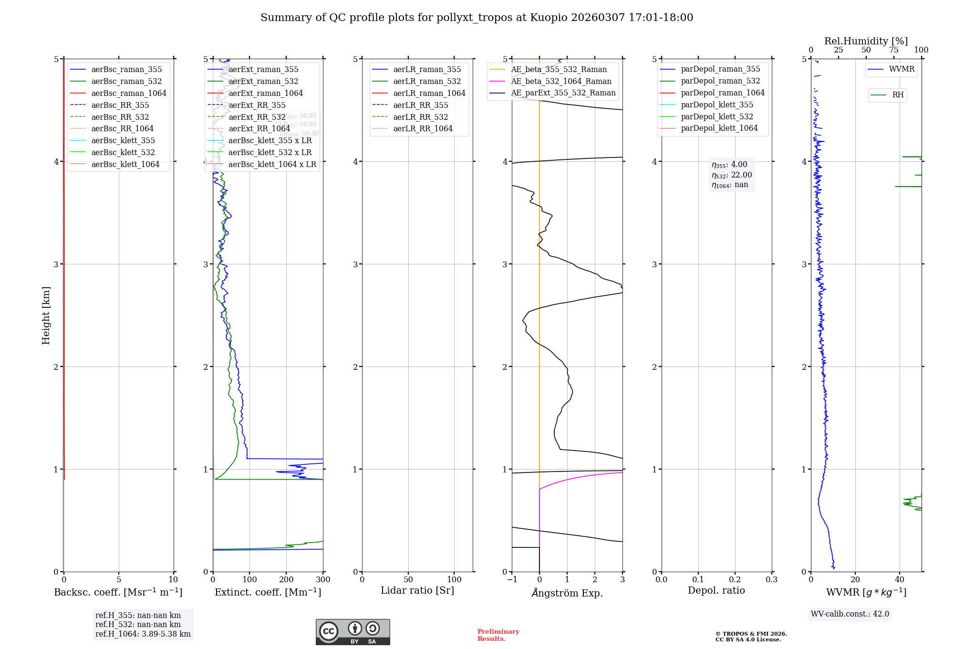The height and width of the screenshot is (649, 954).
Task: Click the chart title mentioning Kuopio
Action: coord(477,18)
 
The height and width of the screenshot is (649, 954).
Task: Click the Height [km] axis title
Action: coord(46,315)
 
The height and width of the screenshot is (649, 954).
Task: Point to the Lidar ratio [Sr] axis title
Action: coord(417,591)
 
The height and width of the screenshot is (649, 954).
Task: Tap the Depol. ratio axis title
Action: coord(716,591)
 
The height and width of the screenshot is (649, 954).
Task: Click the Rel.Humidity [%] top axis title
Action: coord(866,41)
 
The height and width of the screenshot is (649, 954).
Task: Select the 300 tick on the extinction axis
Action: coord(323,580)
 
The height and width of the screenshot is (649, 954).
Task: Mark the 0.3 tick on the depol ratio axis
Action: coord(771,580)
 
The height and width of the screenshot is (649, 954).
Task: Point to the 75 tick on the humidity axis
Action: coord(893,50)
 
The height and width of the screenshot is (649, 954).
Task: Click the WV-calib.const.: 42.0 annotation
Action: coord(850,614)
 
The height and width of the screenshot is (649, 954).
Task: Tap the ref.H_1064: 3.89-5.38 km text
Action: coord(143,634)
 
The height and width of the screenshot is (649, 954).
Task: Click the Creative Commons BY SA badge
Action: coord(353,632)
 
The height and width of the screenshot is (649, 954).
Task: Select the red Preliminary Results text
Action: coord(498,635)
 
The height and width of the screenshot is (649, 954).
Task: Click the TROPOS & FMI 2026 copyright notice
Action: coord(751,637)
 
